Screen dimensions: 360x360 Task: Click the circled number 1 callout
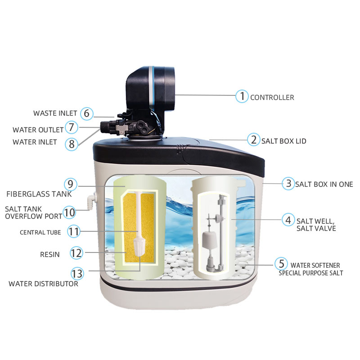[x=242, y=96]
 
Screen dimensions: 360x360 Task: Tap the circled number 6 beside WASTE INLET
[x=86, y=113]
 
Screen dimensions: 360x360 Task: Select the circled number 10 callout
[x=69, y=212]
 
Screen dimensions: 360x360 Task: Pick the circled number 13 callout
[x=77, y=274]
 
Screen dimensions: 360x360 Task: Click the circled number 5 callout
[x=282, y=264]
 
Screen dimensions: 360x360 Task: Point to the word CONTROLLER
[x=272, y=98]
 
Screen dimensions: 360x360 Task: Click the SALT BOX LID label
[x=284, y=141]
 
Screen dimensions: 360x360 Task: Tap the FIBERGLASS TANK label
[x=39, y=194]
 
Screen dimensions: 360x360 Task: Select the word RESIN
[x=50, y=254]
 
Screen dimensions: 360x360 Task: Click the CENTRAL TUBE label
[x=40, y=232]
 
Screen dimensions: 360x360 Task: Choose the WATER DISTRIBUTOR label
[x=43, y=284]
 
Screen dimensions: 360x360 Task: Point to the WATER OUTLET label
[x=38, y=130]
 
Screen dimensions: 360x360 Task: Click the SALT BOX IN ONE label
[x=324, y=184]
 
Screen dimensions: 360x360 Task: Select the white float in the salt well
[x=209, y=240]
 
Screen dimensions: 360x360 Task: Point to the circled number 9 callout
[x=71, y=184]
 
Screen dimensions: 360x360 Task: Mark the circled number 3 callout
[x=288, y=184]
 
